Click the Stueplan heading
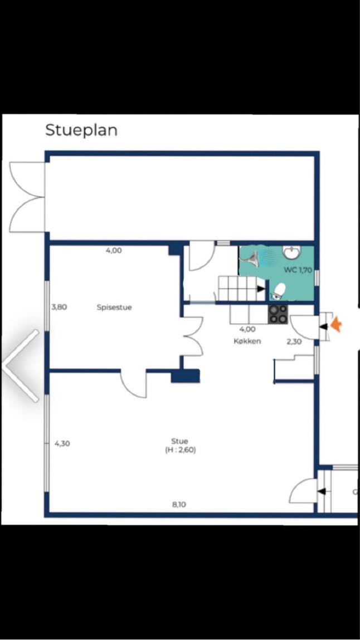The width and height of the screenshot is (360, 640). (x=81, y=130)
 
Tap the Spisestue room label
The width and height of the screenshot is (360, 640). (x=114, y=307)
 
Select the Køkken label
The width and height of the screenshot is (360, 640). (x=247, y=341)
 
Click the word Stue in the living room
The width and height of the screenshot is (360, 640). (x=179, y=441)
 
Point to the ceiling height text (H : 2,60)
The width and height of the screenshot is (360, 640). (x=179, y=451)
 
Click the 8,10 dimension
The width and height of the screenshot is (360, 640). (x=179, y=505)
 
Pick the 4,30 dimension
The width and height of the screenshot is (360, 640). (x=62, y=444)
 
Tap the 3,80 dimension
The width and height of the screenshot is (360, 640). (x=59, y=307)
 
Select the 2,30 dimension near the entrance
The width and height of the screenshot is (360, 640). (x=294, y=342)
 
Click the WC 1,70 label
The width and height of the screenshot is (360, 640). (x=298, y=270)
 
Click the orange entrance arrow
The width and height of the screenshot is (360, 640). (x=336, y=325)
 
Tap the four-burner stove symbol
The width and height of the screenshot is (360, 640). (x=278, y=315)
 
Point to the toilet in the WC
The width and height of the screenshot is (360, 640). (x=279, y=291)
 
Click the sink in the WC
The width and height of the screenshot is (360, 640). (x=292, y=252)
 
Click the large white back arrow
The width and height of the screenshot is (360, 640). (x=21, y=366)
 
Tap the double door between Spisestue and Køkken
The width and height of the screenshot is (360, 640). (x=193, y=336)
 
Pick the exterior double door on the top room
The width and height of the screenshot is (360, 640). (x=27, y=197)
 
